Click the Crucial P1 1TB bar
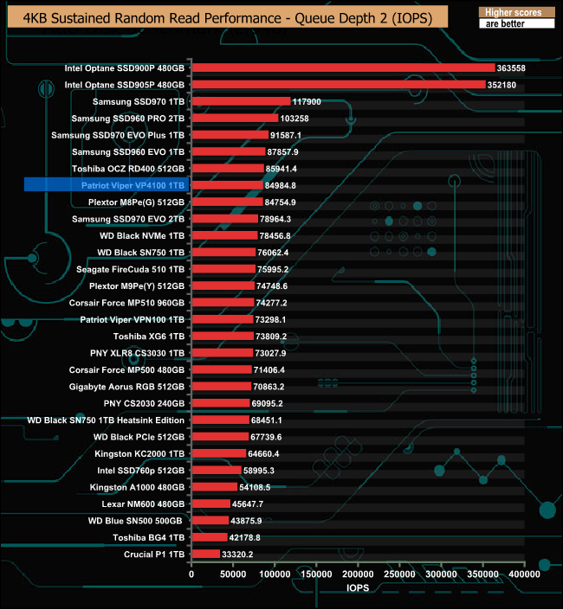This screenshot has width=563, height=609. (205, 554)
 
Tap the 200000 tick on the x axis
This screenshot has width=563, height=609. (358, 574)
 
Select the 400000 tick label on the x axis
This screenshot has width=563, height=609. (524, 574)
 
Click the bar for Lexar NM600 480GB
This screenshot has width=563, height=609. (210, 503)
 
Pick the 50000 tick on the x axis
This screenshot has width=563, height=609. (233, 574)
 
